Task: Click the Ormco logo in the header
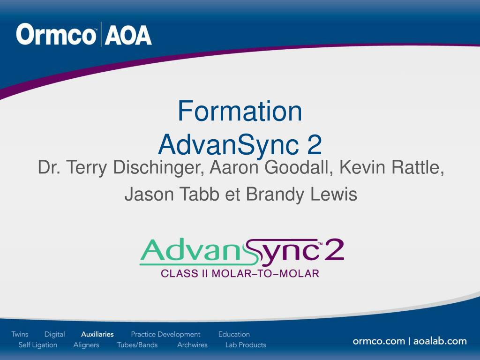tap(56, 35)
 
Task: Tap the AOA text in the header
tap(128, 35)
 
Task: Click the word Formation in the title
tap(240, 111)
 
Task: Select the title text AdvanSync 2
tap(240, 144)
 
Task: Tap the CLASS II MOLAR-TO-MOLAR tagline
tap(240, 273)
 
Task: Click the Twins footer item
tap(20, 334)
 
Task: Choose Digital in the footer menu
tap(55, 334)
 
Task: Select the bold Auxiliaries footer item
tap(97, 334)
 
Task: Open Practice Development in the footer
tap(165, 334)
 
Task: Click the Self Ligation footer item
tap(38, 345)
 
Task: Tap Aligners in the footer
tap(86, 345)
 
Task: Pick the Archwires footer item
tap(192, 345)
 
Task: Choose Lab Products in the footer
tap(246, 345)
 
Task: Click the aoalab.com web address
tap(440, 341)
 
